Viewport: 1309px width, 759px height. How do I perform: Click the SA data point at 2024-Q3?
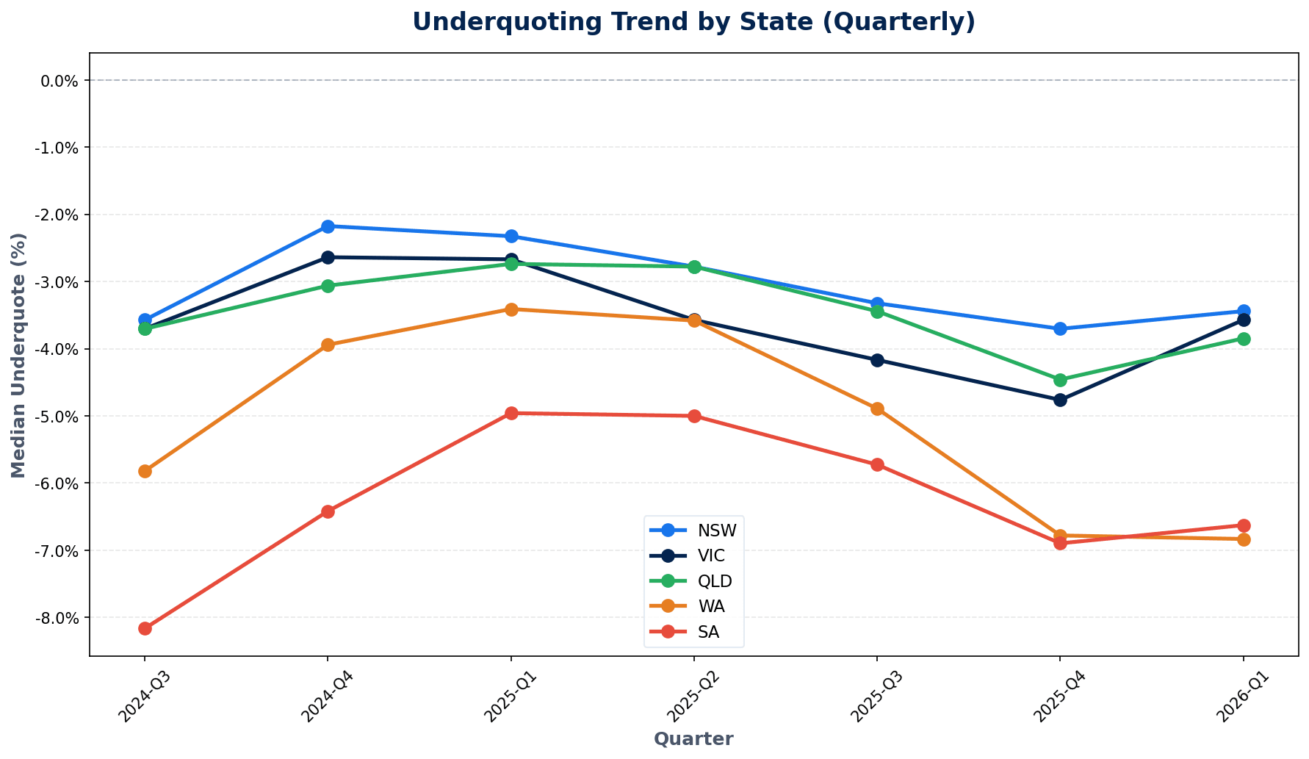[145, 628]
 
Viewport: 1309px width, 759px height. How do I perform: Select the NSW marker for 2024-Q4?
[328, 226]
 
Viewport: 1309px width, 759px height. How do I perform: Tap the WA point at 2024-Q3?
[145, 471]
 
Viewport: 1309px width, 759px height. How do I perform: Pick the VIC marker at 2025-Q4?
[1060, 400]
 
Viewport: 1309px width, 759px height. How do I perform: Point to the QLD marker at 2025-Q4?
[1060, 380]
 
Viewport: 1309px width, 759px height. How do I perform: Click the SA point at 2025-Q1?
[511, 413]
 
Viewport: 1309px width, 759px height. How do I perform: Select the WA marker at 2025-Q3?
[877, 409]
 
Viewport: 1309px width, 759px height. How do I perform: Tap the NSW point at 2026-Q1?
[1244, 312]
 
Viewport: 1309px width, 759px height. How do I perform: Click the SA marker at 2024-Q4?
[328, 511]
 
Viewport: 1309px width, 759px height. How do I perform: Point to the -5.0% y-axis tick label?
[57, 417]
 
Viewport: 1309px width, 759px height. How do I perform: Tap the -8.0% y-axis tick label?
[57, 618]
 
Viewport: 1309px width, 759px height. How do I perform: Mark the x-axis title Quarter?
[693, 739]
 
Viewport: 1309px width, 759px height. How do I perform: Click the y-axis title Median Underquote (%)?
[19, 355]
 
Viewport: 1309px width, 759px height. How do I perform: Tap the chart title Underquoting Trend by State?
[693, 22]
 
